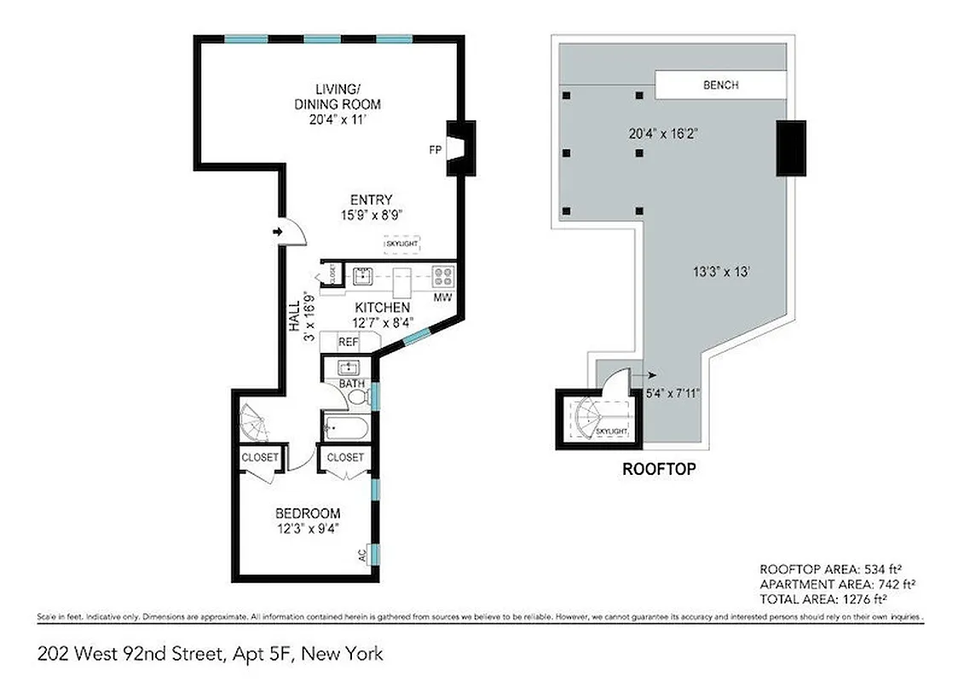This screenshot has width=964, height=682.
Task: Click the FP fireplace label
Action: [434, 149]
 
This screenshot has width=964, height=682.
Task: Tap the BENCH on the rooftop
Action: [720, 85]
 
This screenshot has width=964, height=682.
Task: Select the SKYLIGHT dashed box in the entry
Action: [401, 244]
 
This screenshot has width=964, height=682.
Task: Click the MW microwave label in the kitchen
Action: [442, 298]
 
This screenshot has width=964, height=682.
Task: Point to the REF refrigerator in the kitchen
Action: [349, 342]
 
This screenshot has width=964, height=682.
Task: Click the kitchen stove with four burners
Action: [443, 275]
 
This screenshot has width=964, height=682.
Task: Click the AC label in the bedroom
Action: [362, 553]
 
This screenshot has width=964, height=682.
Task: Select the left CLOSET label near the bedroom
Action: [259, 458]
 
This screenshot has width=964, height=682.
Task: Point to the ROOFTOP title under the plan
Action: [659, 469]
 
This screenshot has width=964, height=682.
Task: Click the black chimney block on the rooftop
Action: [790, 148]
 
